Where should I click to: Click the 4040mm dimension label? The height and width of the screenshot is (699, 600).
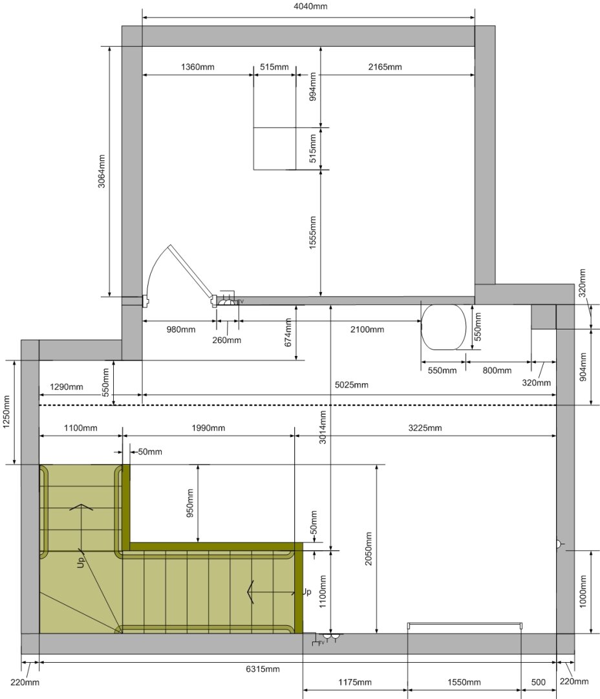310,6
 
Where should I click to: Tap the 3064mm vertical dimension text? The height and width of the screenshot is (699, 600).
102,171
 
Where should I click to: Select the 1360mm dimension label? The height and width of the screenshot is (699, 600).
197,67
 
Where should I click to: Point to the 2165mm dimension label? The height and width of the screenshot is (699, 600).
385,67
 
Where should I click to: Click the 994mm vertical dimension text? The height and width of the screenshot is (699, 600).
313,87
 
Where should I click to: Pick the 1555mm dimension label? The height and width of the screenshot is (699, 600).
313,233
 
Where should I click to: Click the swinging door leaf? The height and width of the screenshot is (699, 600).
191,272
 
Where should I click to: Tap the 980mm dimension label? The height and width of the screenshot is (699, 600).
181,329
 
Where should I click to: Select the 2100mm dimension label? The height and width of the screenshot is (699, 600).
367,329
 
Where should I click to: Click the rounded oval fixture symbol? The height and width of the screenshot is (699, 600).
444,327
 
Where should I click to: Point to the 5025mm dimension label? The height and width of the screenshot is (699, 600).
352,384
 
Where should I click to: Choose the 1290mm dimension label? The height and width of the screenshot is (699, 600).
67,386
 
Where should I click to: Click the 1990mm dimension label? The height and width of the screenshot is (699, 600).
208,428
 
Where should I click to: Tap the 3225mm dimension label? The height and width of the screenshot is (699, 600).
425,428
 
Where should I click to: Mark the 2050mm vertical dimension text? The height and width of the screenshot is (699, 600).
369,549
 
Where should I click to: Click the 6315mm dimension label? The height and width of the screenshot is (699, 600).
262,669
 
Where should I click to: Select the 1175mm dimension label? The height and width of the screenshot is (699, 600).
354,682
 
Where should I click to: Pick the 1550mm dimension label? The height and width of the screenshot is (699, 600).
464,682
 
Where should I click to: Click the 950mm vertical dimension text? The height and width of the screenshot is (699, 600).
189,504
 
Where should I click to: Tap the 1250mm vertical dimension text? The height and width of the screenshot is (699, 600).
6,412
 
